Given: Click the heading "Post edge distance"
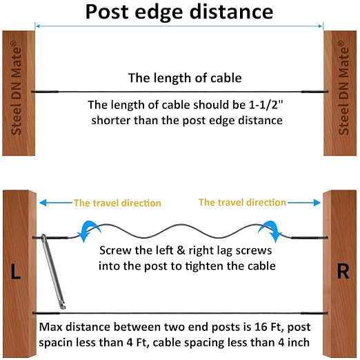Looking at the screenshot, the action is pyautogui.click(x=179, y=12).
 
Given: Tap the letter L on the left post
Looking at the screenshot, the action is pyautogui.click(x=16, y=271).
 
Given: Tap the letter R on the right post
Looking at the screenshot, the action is pyautogui.click(x=343, y=271).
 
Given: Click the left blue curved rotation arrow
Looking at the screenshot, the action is pyautogui.click(x=88, y=230).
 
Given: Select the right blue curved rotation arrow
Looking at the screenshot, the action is pyautogui.click(x=271, y=230).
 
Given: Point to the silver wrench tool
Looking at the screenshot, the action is pyautogui.click(x=53, y=271).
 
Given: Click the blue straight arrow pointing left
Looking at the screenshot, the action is pyautogui.click(x=56, y=203).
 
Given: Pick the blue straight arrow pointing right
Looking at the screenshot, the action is pyautogui.click(x=304, y=203).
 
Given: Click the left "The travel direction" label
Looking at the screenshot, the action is pyautogui.click(x=117, y=203).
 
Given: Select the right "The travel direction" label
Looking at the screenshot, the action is pyautogui.click(x=242, y=202).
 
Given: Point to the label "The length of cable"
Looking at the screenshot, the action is pyautogui.click(x=185, y=78).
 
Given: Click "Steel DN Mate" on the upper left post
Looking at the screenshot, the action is pyautogui.click(x=17, y=88).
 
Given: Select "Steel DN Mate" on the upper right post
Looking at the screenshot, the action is pyautogui.click(x=343, y=88).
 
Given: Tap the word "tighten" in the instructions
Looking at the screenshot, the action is pyautogui.click(x=204, y=266).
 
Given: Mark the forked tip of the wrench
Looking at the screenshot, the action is pyautogui.click(x=62, y=306).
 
